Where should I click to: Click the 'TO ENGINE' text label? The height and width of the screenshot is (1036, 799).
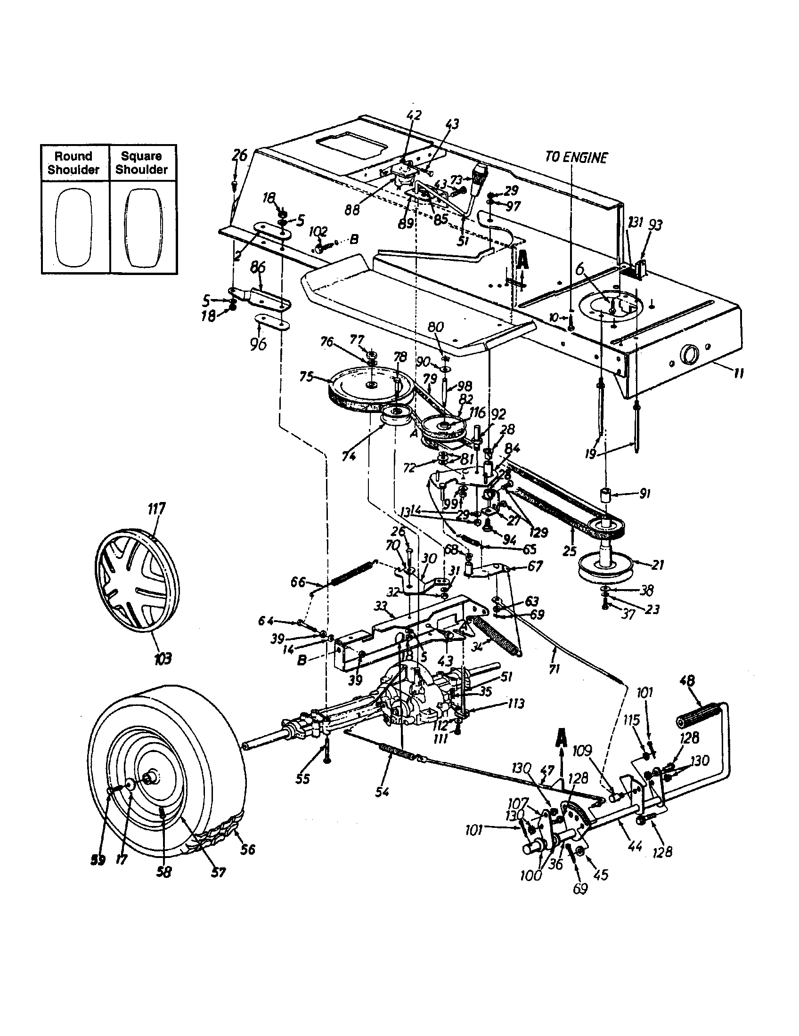(x=576, y=158)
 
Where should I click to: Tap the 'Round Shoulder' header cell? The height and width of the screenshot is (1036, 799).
(x=73, y=163)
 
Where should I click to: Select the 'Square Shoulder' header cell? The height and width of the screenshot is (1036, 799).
(x=141, y=163)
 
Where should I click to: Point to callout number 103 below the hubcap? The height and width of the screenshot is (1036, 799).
(x=162, y=658)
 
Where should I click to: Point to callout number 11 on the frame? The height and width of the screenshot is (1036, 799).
(x=738, y=373)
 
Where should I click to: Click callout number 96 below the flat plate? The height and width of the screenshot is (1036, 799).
(x=259, y=342)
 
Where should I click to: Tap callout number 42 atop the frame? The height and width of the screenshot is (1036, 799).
(x=414, y=115)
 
